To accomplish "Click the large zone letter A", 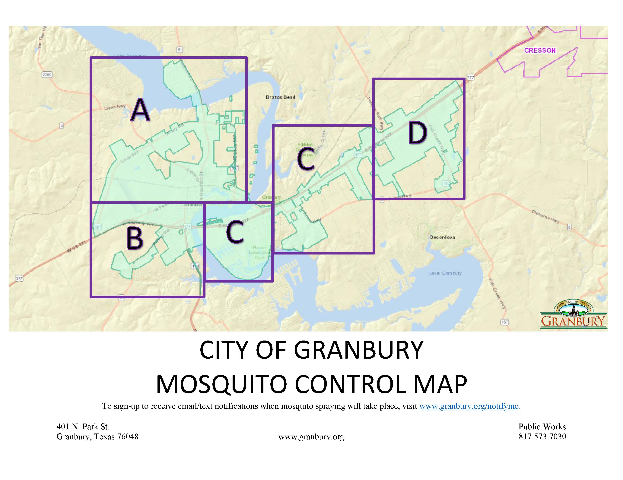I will click(140, 110).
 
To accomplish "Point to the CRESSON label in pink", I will click(540, 50).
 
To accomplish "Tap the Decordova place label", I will click(442, 237).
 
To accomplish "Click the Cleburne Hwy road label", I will click(545, 216).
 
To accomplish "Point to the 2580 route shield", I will click(47, 75).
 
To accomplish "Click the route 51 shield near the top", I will click(180, 50).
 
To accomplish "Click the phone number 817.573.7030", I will click(542, 437).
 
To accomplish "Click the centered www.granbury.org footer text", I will click(311, 437).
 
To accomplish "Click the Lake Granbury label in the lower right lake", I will click(445, 273).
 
